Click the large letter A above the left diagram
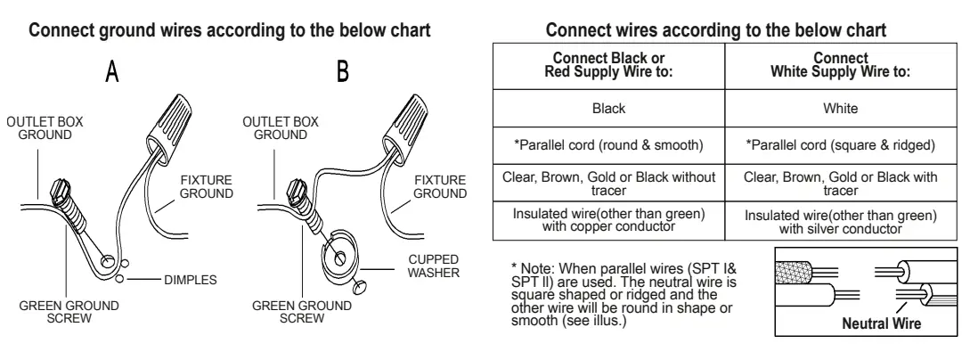pyautogui.click(x=112, y=71)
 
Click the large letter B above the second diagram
pyautogui.click(x=343, y=71)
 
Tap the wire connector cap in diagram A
pyautogui.click(x=168, y=127)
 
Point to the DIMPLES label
pyautogui.click(x=191, y=280)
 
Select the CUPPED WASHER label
pyautogui.click(x=433, y=266)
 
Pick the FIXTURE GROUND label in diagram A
pyautogui.click(x=207, y=187)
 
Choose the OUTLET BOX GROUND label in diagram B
pyautogui.click(x=281, y=128)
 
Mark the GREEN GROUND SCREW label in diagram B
pyautogui.click(x=302, y=312)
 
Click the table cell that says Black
pyautogui.click(x=608, y=109)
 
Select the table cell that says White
pyautogui.click(x=841, y=109)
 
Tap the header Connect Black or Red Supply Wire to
pyautogui.click(x=608, y=66)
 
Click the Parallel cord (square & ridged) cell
pyautogui.click(x=841, y=145)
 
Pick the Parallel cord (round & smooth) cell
pyautogui.click(x=608, y=145)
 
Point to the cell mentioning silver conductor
pyautogui.click(x=841, y=222)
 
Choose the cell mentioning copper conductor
pyautogui.click(x=608, y=222)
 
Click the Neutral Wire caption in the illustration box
pyautogui.click(x=882, y=323)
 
